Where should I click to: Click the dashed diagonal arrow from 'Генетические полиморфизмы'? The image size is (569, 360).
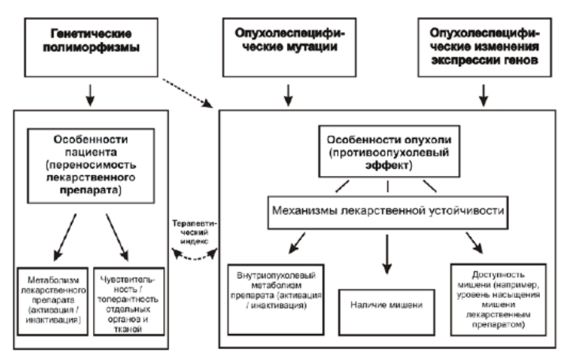click(190, 91)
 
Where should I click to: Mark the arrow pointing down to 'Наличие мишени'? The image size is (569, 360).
click(387, 253)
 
